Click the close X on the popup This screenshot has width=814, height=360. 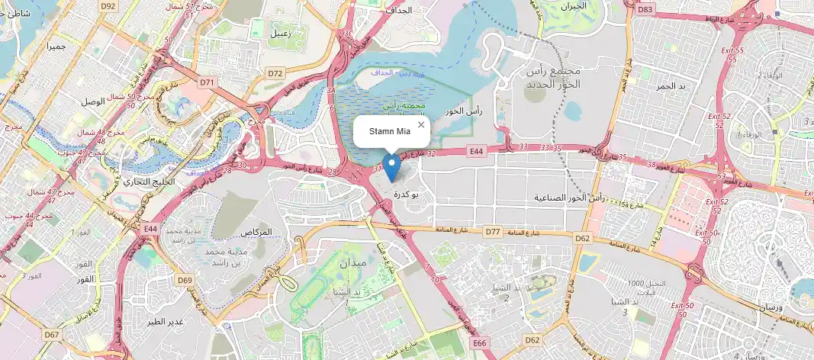420,124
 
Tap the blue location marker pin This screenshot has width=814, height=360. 391,167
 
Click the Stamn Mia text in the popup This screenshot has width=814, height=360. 390,133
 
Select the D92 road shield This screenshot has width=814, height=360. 108,6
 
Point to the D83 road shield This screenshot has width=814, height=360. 645,8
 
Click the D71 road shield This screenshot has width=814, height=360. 207,81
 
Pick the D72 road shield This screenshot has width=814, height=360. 275,73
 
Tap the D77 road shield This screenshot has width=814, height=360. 492,230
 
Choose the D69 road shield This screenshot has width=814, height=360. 185,280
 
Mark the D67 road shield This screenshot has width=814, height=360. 52,334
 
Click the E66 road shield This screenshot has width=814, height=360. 479,344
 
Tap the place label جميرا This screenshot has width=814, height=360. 56,47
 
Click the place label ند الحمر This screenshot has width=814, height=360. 672,85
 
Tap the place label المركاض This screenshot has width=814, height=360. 256,232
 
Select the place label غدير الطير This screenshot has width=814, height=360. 166,321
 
